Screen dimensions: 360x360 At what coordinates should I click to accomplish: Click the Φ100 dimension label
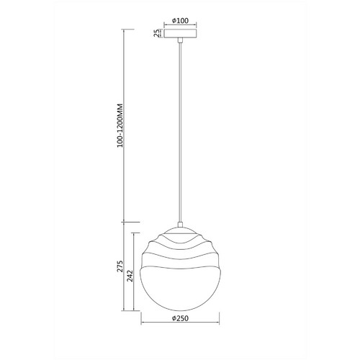pos(180,21)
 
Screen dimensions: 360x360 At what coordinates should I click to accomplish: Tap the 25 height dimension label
pos(156,33)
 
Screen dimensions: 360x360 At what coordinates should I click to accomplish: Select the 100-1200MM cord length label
pos(120,125)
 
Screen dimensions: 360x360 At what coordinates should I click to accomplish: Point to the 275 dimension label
pos(120,266)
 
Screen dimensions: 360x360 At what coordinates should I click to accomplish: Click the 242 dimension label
pos(130,276)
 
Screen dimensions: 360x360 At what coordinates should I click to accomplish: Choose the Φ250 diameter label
pos(180,318)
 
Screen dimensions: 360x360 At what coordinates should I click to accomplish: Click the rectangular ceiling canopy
pos(180,33)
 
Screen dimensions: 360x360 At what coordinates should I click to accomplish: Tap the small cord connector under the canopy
pos(180,40)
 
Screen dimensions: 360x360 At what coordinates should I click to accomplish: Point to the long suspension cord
pos(180,132)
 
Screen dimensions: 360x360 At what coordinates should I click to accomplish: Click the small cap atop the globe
pos(180,225)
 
